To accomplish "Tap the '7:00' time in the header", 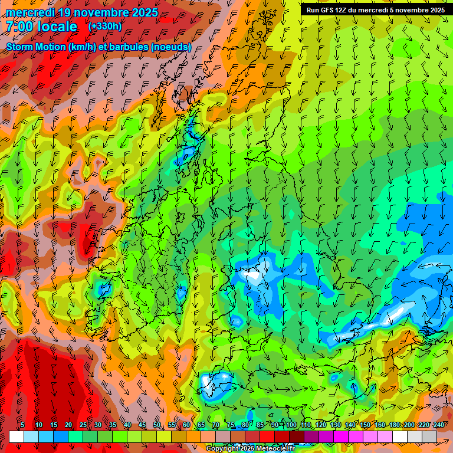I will [20, 27].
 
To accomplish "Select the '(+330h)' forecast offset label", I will [105, 26].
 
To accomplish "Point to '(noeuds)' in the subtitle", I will [170, 47].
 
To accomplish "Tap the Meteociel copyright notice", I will [250, 449].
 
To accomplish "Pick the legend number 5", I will [22, 425].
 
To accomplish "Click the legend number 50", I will [157, 425].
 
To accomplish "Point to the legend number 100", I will [291, 425].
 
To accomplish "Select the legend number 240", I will [438, 425].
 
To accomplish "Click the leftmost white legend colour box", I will [17, 436].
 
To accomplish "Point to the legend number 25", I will [83, 425].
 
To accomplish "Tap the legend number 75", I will [231, 425].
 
